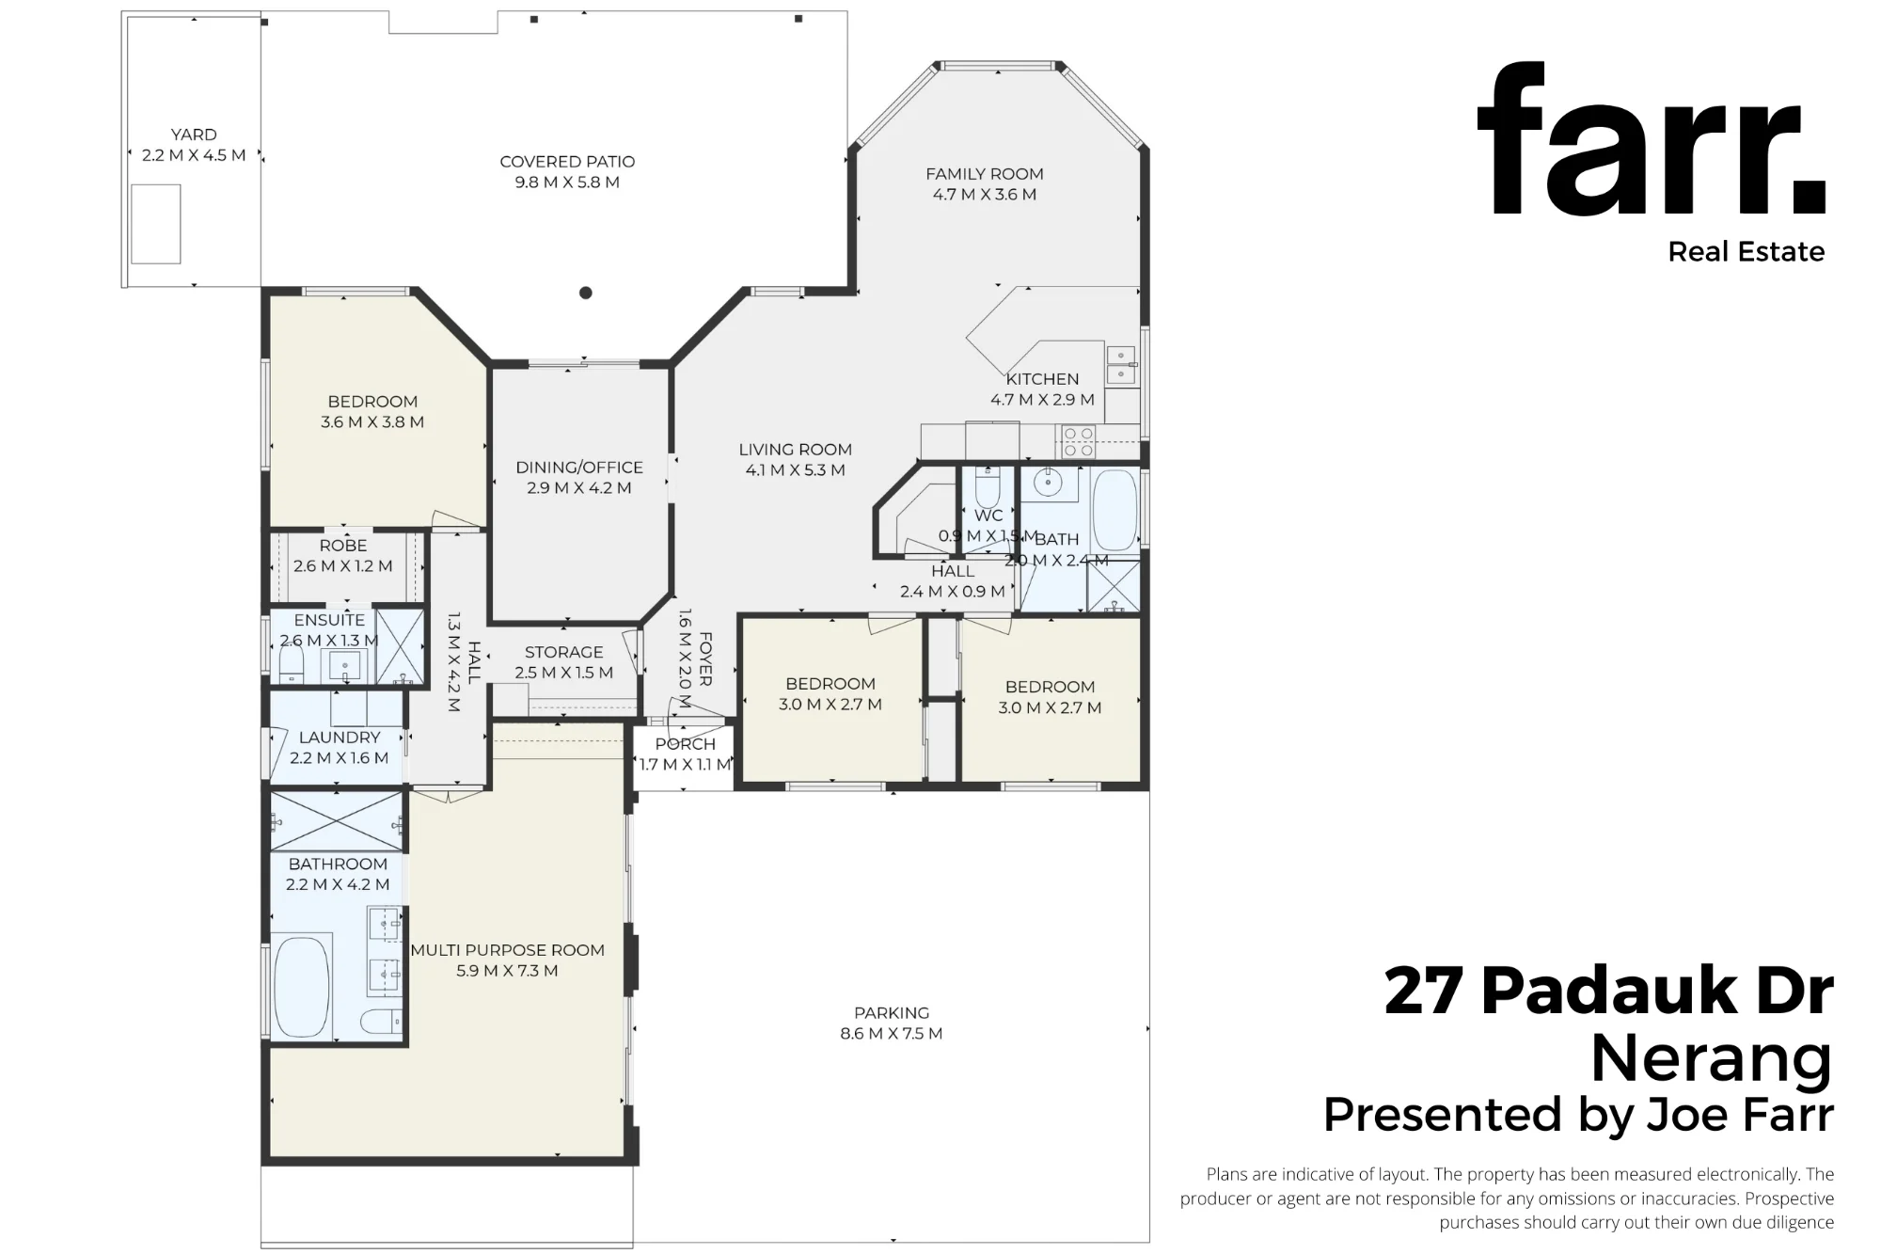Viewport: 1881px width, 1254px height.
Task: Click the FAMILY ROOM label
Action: (x=985, y=174)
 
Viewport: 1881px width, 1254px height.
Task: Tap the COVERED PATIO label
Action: (x=567, y=162)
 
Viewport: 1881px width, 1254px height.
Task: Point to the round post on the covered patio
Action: (x=585, y=293)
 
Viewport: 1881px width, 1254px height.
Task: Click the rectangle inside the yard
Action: (x=155, y=225)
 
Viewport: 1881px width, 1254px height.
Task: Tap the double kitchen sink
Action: (x=1121, y=365)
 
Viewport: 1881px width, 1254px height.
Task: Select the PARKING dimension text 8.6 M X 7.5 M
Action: (x=892, y=1033)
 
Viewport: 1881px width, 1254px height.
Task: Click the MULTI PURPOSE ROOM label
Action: (x=508, y=950)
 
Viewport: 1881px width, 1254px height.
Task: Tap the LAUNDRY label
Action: (x=340, y=738)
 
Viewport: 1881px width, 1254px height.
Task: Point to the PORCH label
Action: (x=686, y=744)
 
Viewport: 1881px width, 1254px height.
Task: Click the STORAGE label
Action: (x=564, y=652)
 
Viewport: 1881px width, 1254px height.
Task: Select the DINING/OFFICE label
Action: (x=579, y=468)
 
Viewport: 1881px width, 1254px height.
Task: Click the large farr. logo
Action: (x=1652, y=140)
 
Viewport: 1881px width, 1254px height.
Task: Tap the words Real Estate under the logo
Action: (x=1747, y=252)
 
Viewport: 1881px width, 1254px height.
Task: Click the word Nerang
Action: (x=1712, y=1058)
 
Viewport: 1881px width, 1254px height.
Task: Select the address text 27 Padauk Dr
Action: (x=1609, y=992)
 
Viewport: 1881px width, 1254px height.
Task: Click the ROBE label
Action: (x=343, y=546)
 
